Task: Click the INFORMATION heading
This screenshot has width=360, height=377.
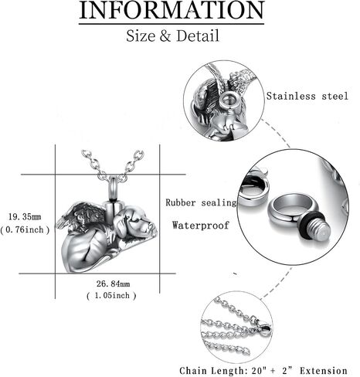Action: point(172,10)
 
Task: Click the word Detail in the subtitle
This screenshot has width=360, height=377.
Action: point(198,36)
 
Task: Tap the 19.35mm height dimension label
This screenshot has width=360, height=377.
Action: point(25,217)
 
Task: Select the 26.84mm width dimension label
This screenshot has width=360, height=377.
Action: point(113,284)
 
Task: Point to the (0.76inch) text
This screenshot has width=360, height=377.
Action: point(25,229)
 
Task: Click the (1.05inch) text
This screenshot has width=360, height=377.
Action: point(111,295)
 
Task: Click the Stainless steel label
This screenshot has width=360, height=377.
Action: point(307,96)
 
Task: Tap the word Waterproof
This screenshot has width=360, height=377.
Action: point(201,226)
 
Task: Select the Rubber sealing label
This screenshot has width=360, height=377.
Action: point(201,202)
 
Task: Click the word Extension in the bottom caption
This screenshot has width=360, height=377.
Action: point(324,371)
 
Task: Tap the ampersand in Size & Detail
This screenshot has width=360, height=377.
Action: point(165,36)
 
